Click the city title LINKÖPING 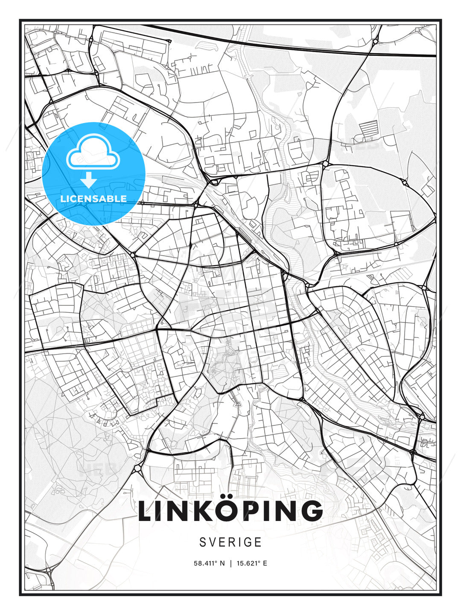pyautogui.click(x=230, y=511)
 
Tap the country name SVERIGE pyautogui.click(x=230, y=542)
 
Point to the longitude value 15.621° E pyautogui.click(x=252, y=563)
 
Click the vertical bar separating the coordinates pyautogui.click(x=230, y=563)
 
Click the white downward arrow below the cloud pyautogui.click(x=89, y=180)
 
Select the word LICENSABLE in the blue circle pyautogui.click(x=93, y=199)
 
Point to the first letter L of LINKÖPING pyautogui.click(x=145, y=512)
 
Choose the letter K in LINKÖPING pyautogui.click(x=200, y=512)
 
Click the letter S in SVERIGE pyautogui.click(x=203, y=542)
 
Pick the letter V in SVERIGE pyautogui.click(x=213, y=542)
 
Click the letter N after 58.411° pyautogui.click(x=222, y=563)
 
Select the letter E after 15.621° pyautogui.click(x=265, y=563)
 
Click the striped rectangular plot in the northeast pyautogui.click(x=369, y=127)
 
